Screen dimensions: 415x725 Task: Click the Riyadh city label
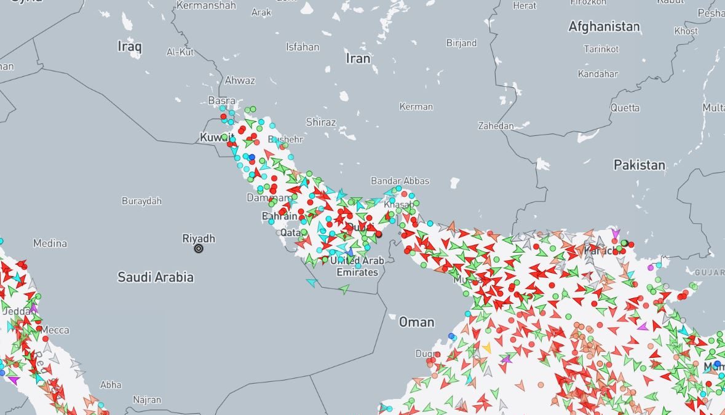point(199,238)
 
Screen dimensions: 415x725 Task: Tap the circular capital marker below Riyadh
point(199,248)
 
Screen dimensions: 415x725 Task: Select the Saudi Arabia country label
point(156,277)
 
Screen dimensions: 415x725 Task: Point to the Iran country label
point(359,58)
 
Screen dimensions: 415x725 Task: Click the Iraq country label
point(130,46)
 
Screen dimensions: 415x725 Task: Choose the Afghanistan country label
point(604,26)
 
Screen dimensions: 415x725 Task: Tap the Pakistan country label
point(640,165)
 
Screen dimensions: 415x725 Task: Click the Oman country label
point(416,322)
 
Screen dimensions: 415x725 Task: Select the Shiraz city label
point(321,122)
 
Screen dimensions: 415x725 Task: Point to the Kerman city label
point(416,106)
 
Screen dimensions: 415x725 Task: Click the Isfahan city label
point(303,47)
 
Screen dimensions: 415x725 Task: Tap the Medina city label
point(50,243)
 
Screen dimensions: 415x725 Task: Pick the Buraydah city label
point(141,201)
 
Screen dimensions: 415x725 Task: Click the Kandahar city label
point(598,74)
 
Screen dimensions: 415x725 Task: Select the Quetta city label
point(625,108)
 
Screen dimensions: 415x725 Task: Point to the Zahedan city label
point(496,125)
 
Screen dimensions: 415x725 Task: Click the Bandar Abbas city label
point(400,181)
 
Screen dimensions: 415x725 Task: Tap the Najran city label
point(146,400)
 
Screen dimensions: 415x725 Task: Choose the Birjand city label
point(461,43)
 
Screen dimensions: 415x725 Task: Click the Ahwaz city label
point(240,80)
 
